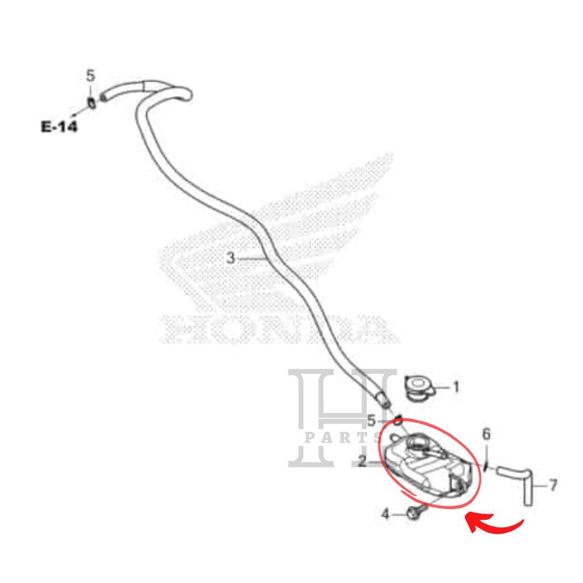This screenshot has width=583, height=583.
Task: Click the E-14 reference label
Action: (x=58, y=126)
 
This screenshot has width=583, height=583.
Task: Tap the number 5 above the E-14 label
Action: (x=91, y=76)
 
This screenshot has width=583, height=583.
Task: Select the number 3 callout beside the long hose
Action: (x=230, y=258)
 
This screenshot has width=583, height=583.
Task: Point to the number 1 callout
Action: (x=455, y=388)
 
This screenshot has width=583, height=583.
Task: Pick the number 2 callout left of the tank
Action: (x=362, y=461)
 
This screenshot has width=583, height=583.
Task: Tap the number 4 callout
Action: (x=385, y=515)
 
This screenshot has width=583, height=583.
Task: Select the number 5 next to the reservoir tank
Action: (x=371, y=421)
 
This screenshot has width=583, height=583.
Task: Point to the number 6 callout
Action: (x=486, y=434)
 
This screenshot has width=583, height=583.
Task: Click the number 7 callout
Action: (x=553, y=485)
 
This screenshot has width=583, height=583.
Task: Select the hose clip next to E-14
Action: (x=91, y=103)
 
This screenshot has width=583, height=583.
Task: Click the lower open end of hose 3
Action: (x=385, y=400)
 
